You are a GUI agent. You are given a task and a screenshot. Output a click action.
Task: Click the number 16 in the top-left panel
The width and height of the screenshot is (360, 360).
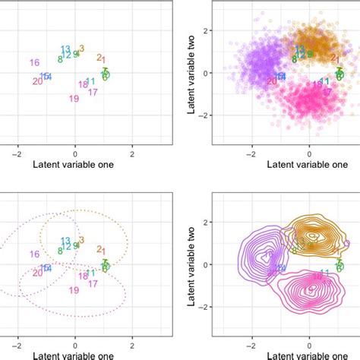coord(34,62)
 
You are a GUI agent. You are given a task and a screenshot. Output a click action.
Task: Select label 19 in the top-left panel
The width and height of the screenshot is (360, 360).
coord(74,99)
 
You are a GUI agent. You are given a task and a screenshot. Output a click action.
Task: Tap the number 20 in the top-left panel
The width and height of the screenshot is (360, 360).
coord(38,81)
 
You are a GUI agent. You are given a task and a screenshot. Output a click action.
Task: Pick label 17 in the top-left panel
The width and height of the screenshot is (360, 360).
coord(93,92)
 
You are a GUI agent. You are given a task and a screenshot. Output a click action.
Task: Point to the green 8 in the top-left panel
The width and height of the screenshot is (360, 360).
coord(60,58)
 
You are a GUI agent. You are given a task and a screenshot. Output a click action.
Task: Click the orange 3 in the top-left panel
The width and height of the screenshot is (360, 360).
coord(81,49)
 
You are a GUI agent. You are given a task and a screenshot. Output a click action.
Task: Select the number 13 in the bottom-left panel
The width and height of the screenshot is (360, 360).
coord(66,240)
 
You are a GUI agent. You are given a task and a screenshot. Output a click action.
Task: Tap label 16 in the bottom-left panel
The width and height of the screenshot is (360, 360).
coord(34,254)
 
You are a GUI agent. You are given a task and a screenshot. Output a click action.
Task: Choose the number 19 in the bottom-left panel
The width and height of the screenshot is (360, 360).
coord(74,290)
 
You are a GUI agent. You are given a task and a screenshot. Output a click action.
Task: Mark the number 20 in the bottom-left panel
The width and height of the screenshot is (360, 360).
coord(38,273)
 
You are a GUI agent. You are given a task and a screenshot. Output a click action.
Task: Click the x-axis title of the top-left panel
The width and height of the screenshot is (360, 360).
coord(74,164)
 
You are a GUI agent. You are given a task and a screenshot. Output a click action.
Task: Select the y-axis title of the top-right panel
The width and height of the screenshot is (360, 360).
coord(193,73)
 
